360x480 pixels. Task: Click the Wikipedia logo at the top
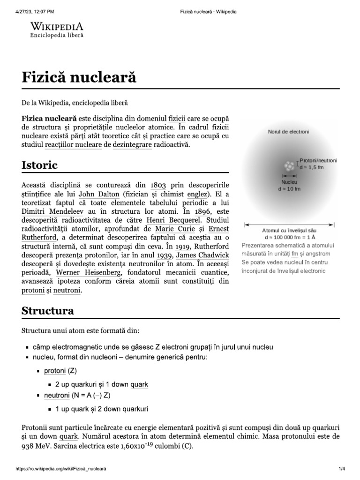click(x=57, y=29)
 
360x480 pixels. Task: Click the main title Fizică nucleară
click(x=79, y=77)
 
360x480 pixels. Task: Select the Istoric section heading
click(x=39, y=165)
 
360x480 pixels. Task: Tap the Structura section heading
click(x=47, y=311)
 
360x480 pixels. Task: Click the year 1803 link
click(x=158, y=184)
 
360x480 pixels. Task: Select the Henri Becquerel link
click(x=173, y=220)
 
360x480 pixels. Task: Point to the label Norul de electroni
click(x=288, y=132)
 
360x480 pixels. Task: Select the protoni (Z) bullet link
click(x=55, y=371)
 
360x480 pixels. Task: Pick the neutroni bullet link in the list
click(x=56, y=396)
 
